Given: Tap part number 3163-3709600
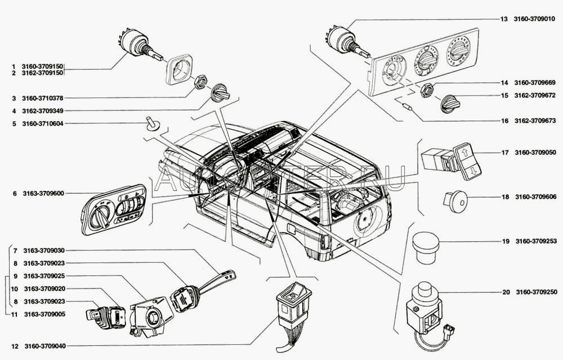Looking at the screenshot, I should [x=43, y=193].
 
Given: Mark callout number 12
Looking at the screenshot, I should [x=14, y=345].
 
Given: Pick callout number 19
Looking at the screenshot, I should [x=506, y=242].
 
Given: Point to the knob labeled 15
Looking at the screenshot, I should [x=450, y=103].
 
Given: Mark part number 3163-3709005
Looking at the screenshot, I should [x=44, y=314].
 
